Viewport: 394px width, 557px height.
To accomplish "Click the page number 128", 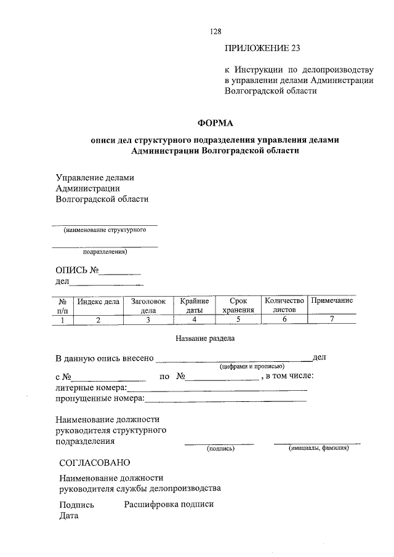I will [215, 31].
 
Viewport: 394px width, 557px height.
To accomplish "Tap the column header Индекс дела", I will [98, 301].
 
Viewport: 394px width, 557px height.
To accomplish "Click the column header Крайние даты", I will [195, 305].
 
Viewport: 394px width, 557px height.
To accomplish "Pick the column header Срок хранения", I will [238, 305].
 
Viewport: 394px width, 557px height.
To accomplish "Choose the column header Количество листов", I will [284, 305].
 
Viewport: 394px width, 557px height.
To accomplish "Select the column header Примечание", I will [332, 300].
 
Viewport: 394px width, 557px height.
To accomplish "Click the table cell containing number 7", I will [332, 319].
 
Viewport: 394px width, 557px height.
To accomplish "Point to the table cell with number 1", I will [62, 319].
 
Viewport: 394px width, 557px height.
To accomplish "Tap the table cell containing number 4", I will [195, 319].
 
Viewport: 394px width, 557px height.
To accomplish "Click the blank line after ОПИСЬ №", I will [121, 271].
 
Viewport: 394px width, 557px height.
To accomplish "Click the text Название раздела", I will [205, 338].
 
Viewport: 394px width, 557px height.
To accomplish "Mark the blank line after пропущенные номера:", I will [225, 399].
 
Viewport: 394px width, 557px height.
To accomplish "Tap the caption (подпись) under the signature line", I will [220, 449].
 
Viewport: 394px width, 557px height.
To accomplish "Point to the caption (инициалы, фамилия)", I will [318, 448].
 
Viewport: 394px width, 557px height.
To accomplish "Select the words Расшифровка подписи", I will [169, 504].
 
